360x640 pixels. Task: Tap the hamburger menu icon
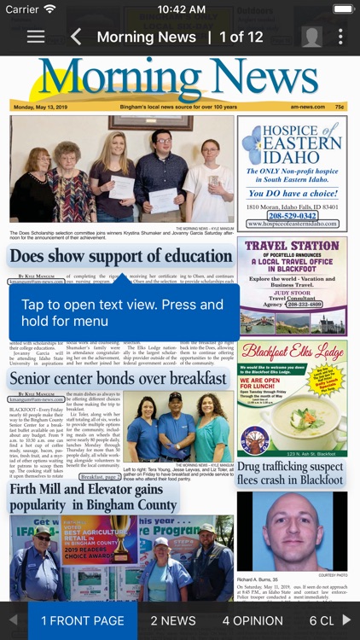tap(35, 37)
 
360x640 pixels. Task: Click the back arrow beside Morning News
tap(76, 37)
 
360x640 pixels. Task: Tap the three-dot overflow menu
tap(340, 37)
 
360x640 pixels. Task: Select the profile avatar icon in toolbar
tap(312, 37)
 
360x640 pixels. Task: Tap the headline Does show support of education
tap(121, 256)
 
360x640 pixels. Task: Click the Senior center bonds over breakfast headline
tap(119, 378)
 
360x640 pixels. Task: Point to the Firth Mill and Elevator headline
tap(85, 496)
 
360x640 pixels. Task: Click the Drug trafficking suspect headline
tap(290, 473)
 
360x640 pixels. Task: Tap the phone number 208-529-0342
tap(292, 216)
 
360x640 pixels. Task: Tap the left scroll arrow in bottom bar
tap(13, 620)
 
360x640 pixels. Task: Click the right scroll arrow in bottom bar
tap(347, 620)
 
